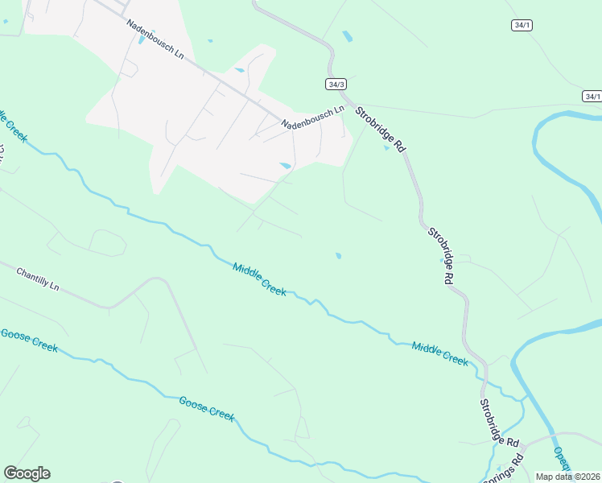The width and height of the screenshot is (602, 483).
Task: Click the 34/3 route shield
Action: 336,84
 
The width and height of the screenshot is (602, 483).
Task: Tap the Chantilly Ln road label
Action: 38,279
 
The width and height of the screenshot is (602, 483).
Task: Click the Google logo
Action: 27,473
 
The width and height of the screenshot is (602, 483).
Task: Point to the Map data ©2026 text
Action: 568,477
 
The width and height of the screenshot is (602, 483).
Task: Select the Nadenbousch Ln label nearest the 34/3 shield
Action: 312,116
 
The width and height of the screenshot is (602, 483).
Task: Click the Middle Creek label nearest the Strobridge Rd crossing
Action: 439,353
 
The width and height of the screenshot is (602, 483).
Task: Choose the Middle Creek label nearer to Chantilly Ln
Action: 259,279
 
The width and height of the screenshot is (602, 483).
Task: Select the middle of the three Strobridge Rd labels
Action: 440,255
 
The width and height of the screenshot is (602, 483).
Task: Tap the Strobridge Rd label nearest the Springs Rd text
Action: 499,423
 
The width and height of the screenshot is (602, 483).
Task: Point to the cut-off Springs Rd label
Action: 509,464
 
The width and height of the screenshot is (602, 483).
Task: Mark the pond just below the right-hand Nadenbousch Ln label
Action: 286,166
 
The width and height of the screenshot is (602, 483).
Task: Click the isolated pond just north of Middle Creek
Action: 338,256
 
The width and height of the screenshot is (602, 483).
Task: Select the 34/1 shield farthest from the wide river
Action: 522,25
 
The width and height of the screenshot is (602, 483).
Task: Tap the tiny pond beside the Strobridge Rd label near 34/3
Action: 386,147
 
